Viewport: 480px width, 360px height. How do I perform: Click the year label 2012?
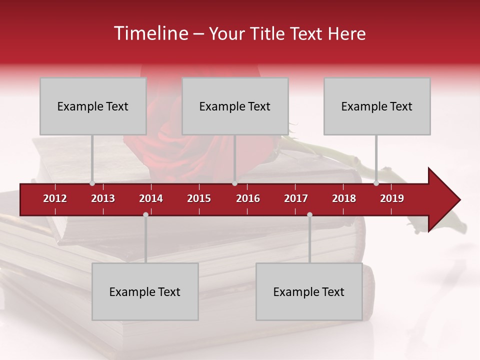point(55,198)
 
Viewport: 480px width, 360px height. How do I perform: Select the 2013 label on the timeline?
point(103,198)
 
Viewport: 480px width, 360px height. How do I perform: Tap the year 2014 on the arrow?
point(151,198)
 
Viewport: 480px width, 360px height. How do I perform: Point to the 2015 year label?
point(199,198)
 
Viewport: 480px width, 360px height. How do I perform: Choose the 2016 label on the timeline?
point(248,198)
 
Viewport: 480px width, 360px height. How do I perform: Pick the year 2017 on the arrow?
point(296,198)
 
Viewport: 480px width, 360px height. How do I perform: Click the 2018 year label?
point(344,198)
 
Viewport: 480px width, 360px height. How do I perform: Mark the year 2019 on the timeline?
point(392,198)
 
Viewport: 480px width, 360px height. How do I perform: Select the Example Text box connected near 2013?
point(93,106)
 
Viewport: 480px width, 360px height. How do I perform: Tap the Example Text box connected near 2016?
point(235,106)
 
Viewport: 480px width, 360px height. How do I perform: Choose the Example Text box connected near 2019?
point(377,106)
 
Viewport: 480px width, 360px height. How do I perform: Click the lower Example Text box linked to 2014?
point(145,291)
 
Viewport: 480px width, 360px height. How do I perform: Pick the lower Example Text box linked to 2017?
point(309,291)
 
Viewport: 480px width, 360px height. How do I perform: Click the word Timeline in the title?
point(150,33)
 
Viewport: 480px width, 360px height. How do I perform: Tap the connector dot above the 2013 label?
point(92,183)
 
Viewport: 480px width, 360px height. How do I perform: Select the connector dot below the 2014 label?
point(145,214)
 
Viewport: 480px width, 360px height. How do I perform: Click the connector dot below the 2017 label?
point(309,214)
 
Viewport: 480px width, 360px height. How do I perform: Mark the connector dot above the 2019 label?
point(376,183)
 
